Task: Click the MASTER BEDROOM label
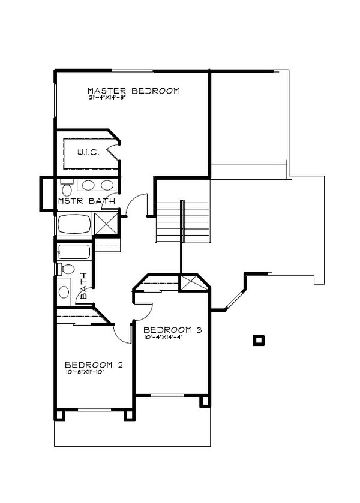(133, 91)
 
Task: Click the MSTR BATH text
(86, 201)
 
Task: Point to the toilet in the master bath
(65, 182)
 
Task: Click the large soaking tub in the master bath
(74, 225)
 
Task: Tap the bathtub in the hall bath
(74, 252)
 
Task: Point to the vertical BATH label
(84, 287)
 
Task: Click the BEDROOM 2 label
(94, 365)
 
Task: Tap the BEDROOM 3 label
(172, 330)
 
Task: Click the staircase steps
(183, 221)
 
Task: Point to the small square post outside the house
(259, 340)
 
